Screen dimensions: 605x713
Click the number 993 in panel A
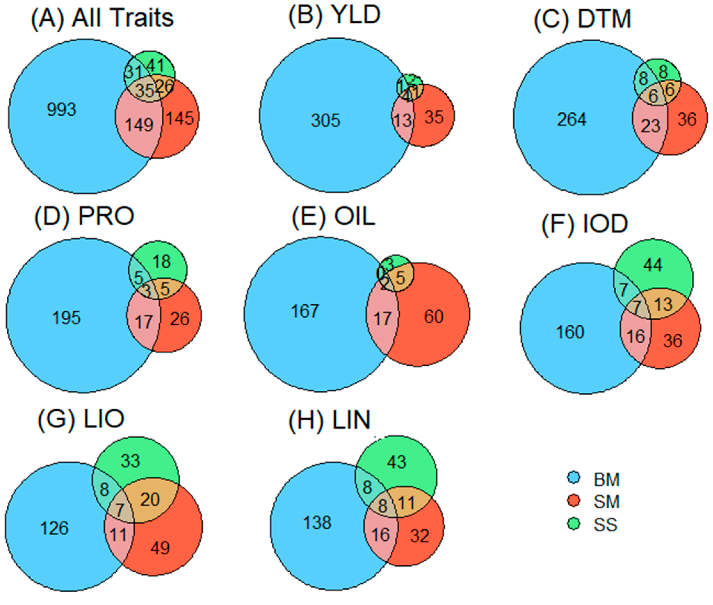[x=61, y=110]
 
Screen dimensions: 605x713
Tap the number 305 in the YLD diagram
[x=325, y=120]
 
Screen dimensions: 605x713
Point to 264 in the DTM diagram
[x=572, y=119]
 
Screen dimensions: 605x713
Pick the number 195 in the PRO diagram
[x=67, y=318]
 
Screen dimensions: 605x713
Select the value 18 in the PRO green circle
[x=162, y=262]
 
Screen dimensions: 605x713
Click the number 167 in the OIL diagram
[x=305, y=311]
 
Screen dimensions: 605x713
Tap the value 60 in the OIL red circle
[x=434, y=316]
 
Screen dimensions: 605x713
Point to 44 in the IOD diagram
[x=653, y=265]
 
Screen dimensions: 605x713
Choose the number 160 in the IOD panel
[x=570, y=332]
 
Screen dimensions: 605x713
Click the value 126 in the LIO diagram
[x=54, y=528]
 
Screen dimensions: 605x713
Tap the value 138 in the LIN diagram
[x=317, y=523]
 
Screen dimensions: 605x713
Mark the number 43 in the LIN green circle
[x=397, y=462]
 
